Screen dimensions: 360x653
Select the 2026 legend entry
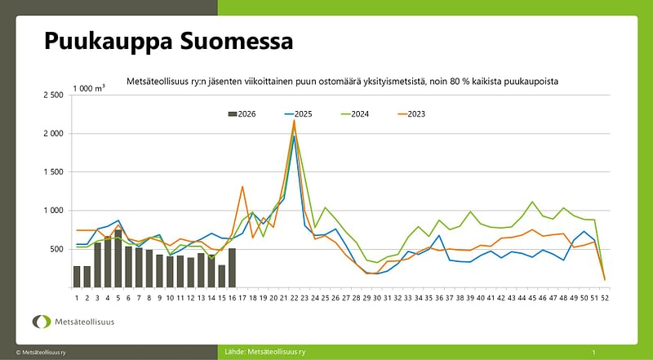242,113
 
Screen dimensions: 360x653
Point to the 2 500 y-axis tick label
52,96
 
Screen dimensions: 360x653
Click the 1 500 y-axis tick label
52,172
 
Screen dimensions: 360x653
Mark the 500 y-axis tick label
56,249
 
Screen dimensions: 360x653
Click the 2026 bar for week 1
77,277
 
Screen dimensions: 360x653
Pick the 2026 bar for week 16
232,268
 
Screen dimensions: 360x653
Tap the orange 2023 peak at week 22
294,121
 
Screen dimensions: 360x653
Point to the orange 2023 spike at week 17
242,187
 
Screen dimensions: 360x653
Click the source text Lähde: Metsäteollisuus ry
265,352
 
